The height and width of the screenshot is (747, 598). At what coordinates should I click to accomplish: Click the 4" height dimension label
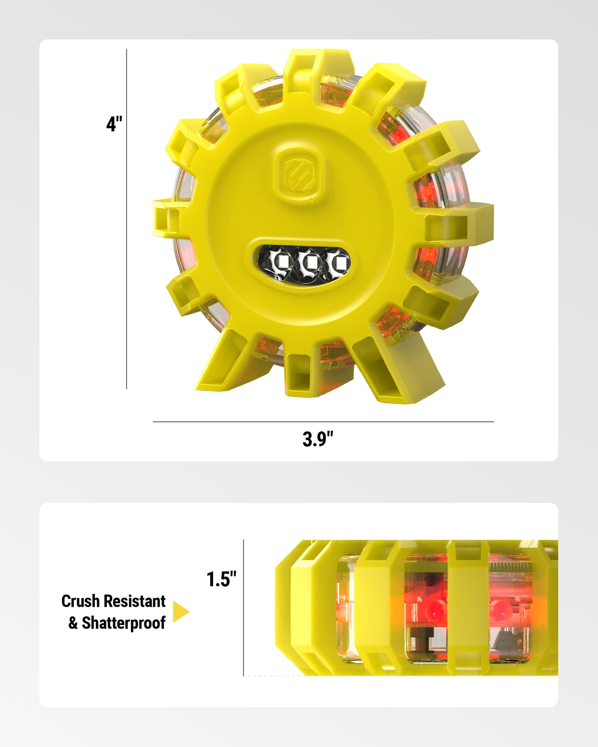pyautogui.click(x=114, y=124)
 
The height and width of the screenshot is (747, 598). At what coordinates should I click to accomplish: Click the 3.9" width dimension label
pyautogui.click(x=318, y=439)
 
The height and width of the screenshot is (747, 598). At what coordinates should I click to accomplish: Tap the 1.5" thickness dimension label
pyautogui.click(x=221, y=579)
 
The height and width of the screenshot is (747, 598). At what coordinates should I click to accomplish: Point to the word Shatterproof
pyautogui.click(x=124, y=623)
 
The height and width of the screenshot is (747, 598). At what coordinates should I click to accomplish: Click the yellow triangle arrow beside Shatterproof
pyautogui.click(x=181, y=612)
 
